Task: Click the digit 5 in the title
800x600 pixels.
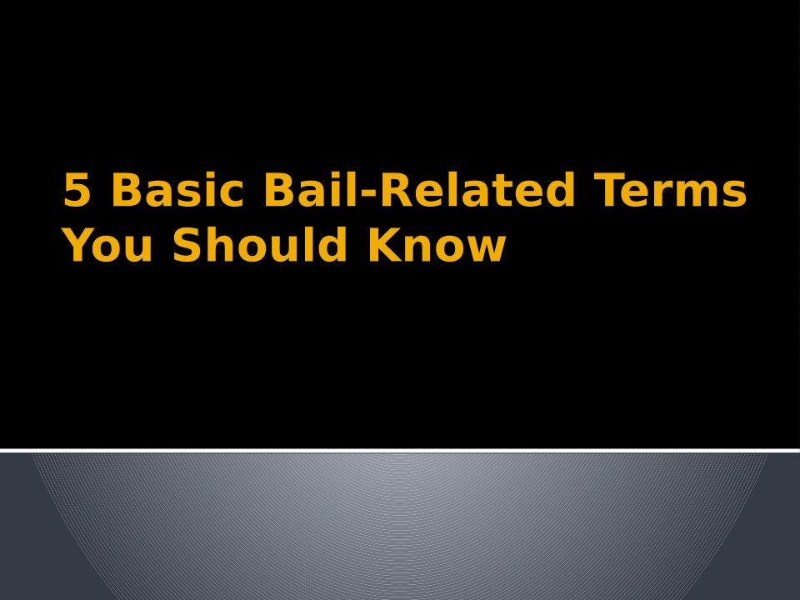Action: tap(77, 189)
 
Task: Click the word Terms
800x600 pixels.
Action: tap(670, 189)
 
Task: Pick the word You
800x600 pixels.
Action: tap(108, 245)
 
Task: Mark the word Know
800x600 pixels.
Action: tap(437, 245)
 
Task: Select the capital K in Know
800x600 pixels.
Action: tap(385, 245)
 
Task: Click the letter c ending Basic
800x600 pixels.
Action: tap(232, 194)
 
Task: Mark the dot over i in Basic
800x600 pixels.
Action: tap(209, 174)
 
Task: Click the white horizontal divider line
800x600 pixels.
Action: tap(400, 450)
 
